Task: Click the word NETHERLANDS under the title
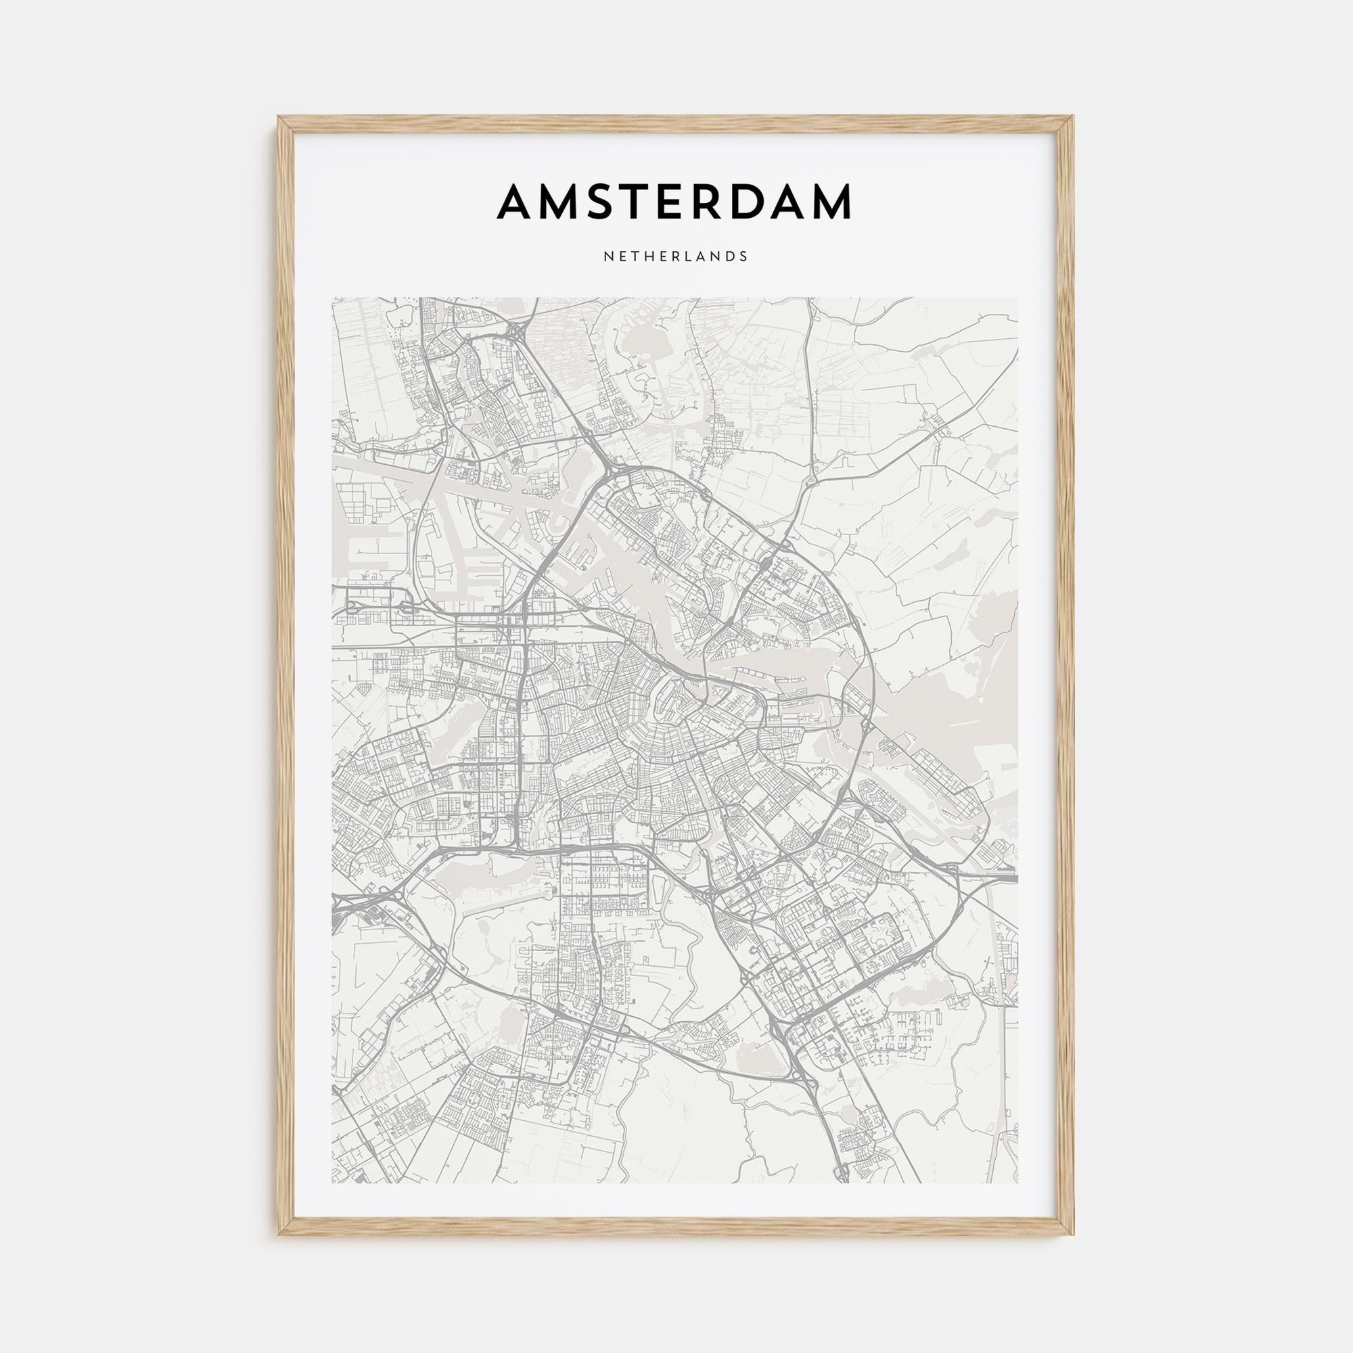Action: tap(676, 256)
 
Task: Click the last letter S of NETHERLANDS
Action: tap(743, 256)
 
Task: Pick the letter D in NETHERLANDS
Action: tap(730, 256)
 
